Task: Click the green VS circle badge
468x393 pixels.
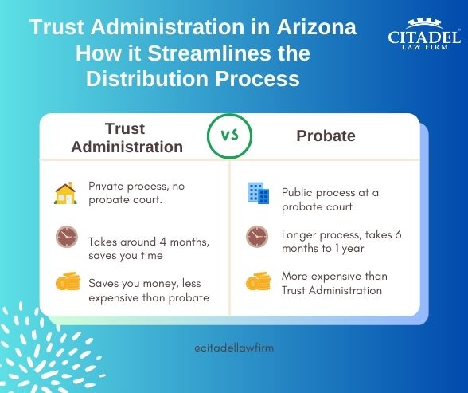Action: pos(229,136)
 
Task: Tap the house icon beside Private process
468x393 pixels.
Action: pos(65,193)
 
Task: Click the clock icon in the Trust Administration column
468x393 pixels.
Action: pos(66,238)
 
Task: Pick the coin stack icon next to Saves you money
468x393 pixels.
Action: pos(67,282)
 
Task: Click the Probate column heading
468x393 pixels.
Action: pos(326,136)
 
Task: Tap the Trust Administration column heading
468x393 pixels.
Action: pos(127,136)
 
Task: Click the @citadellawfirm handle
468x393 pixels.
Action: pos(234,348)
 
